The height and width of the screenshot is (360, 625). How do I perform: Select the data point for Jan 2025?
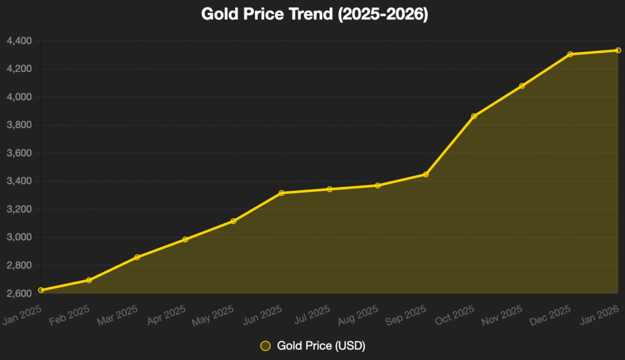pos(41,290)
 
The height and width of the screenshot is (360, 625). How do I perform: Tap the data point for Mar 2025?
pos(137,257)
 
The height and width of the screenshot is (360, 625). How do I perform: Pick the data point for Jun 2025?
pos(281,193)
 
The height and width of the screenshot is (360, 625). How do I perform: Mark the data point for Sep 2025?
pos(425,175)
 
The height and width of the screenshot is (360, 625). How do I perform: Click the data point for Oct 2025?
pos(474,116)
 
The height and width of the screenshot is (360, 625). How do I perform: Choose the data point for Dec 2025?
pos(570,54)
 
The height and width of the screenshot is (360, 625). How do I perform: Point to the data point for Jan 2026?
pos(618,50)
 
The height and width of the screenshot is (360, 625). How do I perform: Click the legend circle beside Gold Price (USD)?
pos(265,346)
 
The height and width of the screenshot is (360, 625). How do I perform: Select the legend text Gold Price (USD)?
pos(321,346)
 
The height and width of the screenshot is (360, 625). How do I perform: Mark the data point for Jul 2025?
pos(330,189)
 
